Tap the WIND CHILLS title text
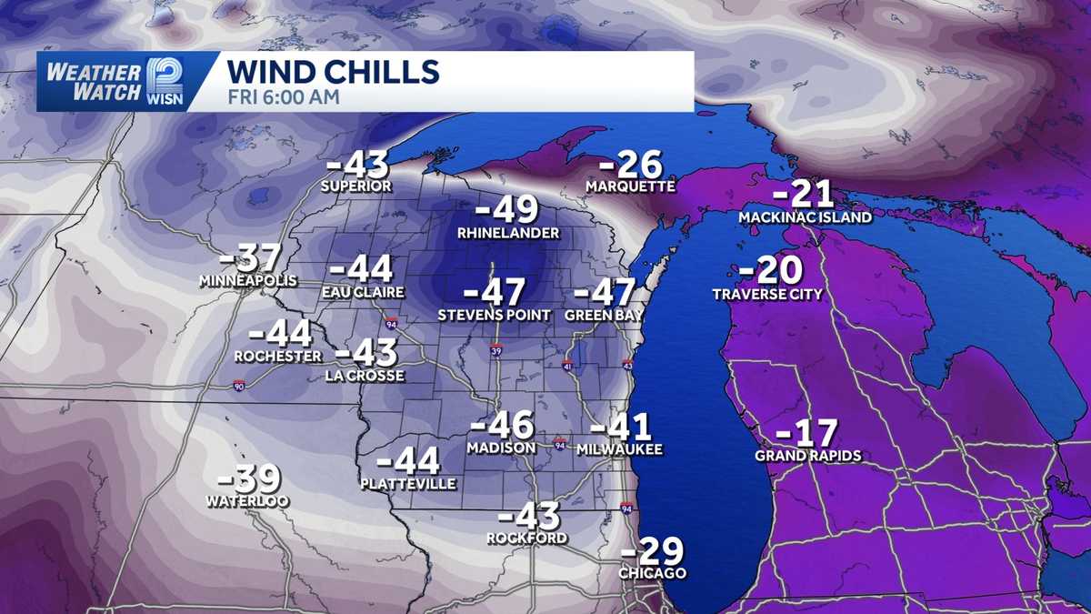coord(333,71)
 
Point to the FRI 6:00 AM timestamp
coord(283,96)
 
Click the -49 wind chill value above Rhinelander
coord(507,210)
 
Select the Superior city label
coord(355,186)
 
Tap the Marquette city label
coord(630,186)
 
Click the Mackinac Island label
coord(793,218)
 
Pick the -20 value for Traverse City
coord(769,270)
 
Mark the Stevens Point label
coord(494,316)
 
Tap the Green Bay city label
coord(604,316)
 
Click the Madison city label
coord(501,448)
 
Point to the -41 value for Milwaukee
coord(621,426)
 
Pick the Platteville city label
coord(408,484)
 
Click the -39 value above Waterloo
coord(249,478)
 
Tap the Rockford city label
coord(526,539)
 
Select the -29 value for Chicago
coord(652,551)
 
